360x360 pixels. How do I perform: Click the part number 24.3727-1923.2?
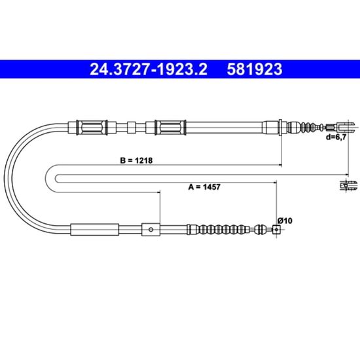tap(149, 69)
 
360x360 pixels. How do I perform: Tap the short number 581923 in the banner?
tap(255, 69)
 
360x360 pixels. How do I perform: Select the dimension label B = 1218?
tap(136, 160)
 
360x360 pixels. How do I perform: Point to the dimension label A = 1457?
tap(204, 187)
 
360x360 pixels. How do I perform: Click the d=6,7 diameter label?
tap(336, 137)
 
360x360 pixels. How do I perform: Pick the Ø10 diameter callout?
tap(285, 221)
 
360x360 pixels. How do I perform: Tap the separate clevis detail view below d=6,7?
tap(349, 185)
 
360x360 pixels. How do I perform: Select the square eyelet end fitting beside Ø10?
tap(277, 229)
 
